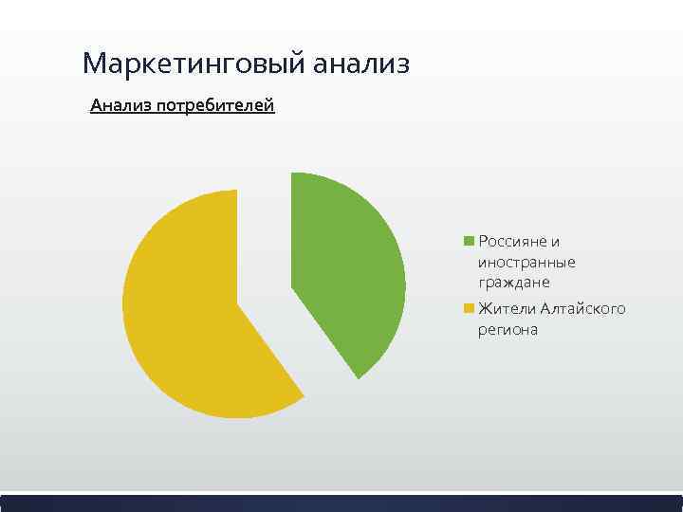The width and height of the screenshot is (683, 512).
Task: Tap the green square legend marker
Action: pos(469,242)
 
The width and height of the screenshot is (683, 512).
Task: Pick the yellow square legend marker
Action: pos(469,309)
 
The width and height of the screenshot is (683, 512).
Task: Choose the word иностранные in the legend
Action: pos(526,262)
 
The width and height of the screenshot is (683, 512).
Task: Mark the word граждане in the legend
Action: pos(513,283)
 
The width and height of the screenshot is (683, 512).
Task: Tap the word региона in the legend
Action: pos(508,330)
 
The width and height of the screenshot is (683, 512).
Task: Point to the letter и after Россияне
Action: pos(555,242)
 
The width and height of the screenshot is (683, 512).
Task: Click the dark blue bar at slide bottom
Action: pos(341,503)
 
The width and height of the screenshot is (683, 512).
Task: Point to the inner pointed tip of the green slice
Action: pos(292,284)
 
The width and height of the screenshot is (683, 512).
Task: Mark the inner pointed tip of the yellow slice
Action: pos(238,302)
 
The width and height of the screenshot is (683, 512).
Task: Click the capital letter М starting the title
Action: pos(94,64)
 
